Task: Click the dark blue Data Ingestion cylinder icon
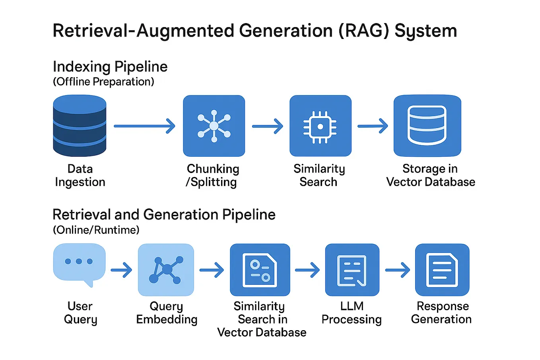pos(80,126)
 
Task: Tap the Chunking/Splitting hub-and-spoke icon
pos(214,126)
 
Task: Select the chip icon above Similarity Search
pos(320,126)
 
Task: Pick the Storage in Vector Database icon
pos(427,126)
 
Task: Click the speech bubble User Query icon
pos(79,263)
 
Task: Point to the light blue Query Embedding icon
pos(166,270)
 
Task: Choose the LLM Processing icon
pos(352,270)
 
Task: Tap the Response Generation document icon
pos(442,270)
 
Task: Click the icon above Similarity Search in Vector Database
pos(260,270)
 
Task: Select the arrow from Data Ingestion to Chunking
pos(144,126)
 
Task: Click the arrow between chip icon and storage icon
pos(373,126)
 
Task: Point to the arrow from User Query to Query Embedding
pos(121,270)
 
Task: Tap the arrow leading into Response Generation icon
pos(397,270)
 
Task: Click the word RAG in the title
pos(363,31)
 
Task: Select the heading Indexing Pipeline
pos(110,66)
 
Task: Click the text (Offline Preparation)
pos(103,82)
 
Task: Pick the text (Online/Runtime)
pos(96,230)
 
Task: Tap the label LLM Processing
pos(352,313)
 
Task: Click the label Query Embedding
pos(167,313)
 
